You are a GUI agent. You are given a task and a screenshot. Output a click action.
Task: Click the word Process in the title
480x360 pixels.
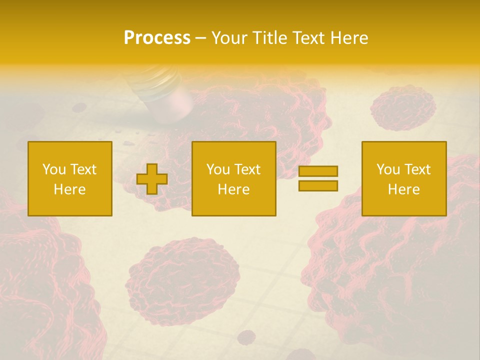tap(157, 37)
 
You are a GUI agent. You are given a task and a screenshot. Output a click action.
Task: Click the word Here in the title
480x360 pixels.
tap(350, 37)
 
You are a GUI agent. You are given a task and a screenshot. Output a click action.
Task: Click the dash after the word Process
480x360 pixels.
tap(200, 38)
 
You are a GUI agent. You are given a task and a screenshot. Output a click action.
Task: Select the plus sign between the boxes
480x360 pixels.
tap(152, 179)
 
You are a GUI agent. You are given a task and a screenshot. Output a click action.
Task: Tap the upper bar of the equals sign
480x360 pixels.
tap(318, 171)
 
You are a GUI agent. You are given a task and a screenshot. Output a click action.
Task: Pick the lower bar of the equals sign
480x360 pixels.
tap(318, 185)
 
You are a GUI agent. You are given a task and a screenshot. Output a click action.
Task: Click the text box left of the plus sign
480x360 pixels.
tap(70, 178)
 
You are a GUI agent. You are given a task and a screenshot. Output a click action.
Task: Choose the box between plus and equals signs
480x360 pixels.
tap(234, 178)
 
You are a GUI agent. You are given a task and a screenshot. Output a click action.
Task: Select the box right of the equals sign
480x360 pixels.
tap(404, 178)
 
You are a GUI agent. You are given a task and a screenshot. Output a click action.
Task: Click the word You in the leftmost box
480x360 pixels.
tap(54, 169)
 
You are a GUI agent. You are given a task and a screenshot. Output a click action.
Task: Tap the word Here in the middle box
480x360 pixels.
tap(234, 189)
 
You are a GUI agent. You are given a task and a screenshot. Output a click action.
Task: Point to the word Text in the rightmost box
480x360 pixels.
tap(418, 169)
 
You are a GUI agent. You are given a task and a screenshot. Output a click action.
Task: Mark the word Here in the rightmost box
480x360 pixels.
tap(404, 189)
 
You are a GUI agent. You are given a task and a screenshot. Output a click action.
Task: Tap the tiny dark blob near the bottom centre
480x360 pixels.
tap(245, 337)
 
